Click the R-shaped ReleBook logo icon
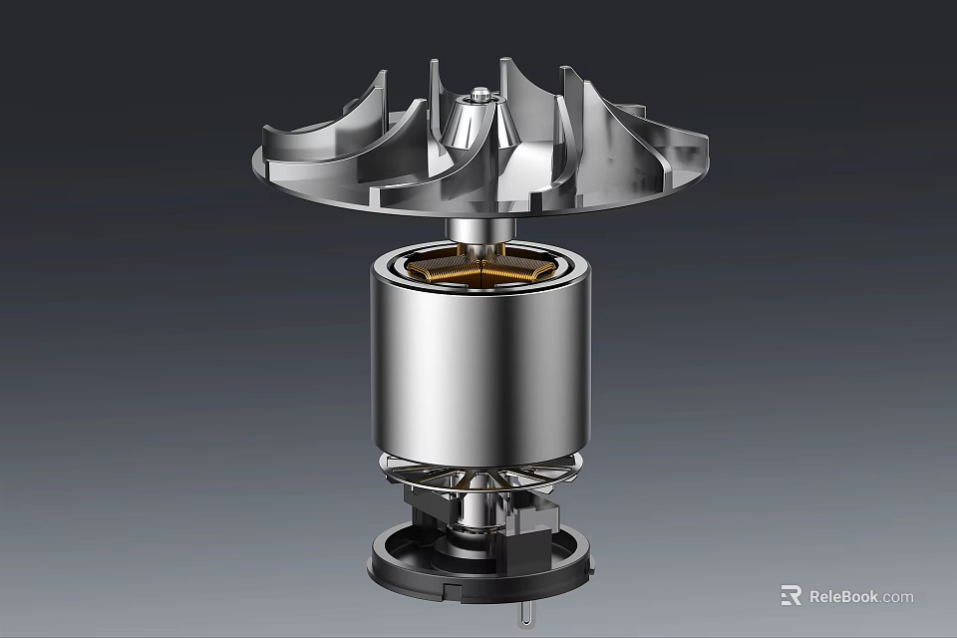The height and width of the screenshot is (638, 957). pos(791,596)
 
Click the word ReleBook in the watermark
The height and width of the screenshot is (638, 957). pos(843,596)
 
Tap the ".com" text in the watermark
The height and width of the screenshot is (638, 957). pos(897,596)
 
